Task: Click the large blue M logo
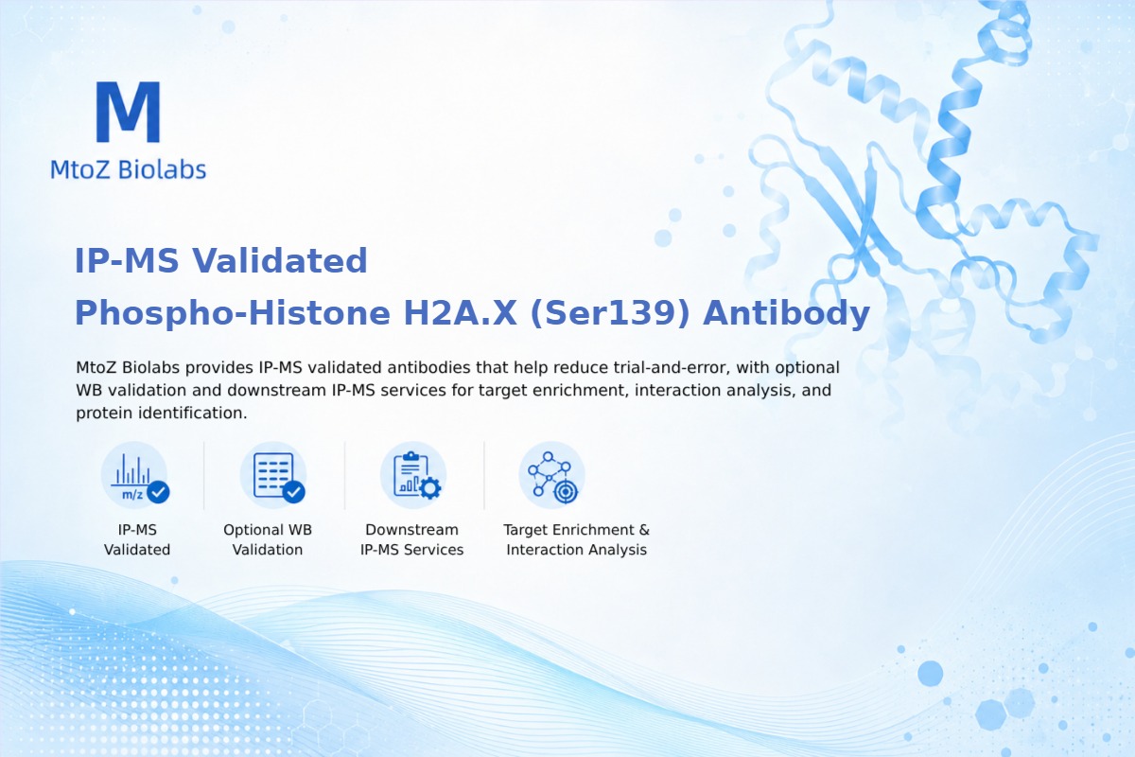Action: click(x=129, y=112)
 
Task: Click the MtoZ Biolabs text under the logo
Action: click(x=129, y=169)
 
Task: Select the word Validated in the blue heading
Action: click(x=279, y=260)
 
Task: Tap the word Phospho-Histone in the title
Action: click(x=233, y=314)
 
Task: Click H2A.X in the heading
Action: click(x=460, y=312)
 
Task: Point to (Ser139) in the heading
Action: click(x=610, y=313)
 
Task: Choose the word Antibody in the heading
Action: click(x=786, y=314)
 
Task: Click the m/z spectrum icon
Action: click(x=134, y=476)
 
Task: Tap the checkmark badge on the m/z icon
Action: click(x=158, y=492)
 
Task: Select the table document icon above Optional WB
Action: click(x=273, y=476)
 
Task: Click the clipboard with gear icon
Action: click(x=413, y=476)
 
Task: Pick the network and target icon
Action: click(x=551, y=476)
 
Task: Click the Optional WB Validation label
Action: click(x=268, y=539)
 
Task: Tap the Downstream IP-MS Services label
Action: click(x=412, y=539)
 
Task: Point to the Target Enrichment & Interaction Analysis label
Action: click(x=577, y=539)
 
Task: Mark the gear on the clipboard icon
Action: click(x=430, y=488)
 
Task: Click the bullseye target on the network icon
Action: click(x=566, y=492)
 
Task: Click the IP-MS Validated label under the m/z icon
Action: click(x=137, y=539)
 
